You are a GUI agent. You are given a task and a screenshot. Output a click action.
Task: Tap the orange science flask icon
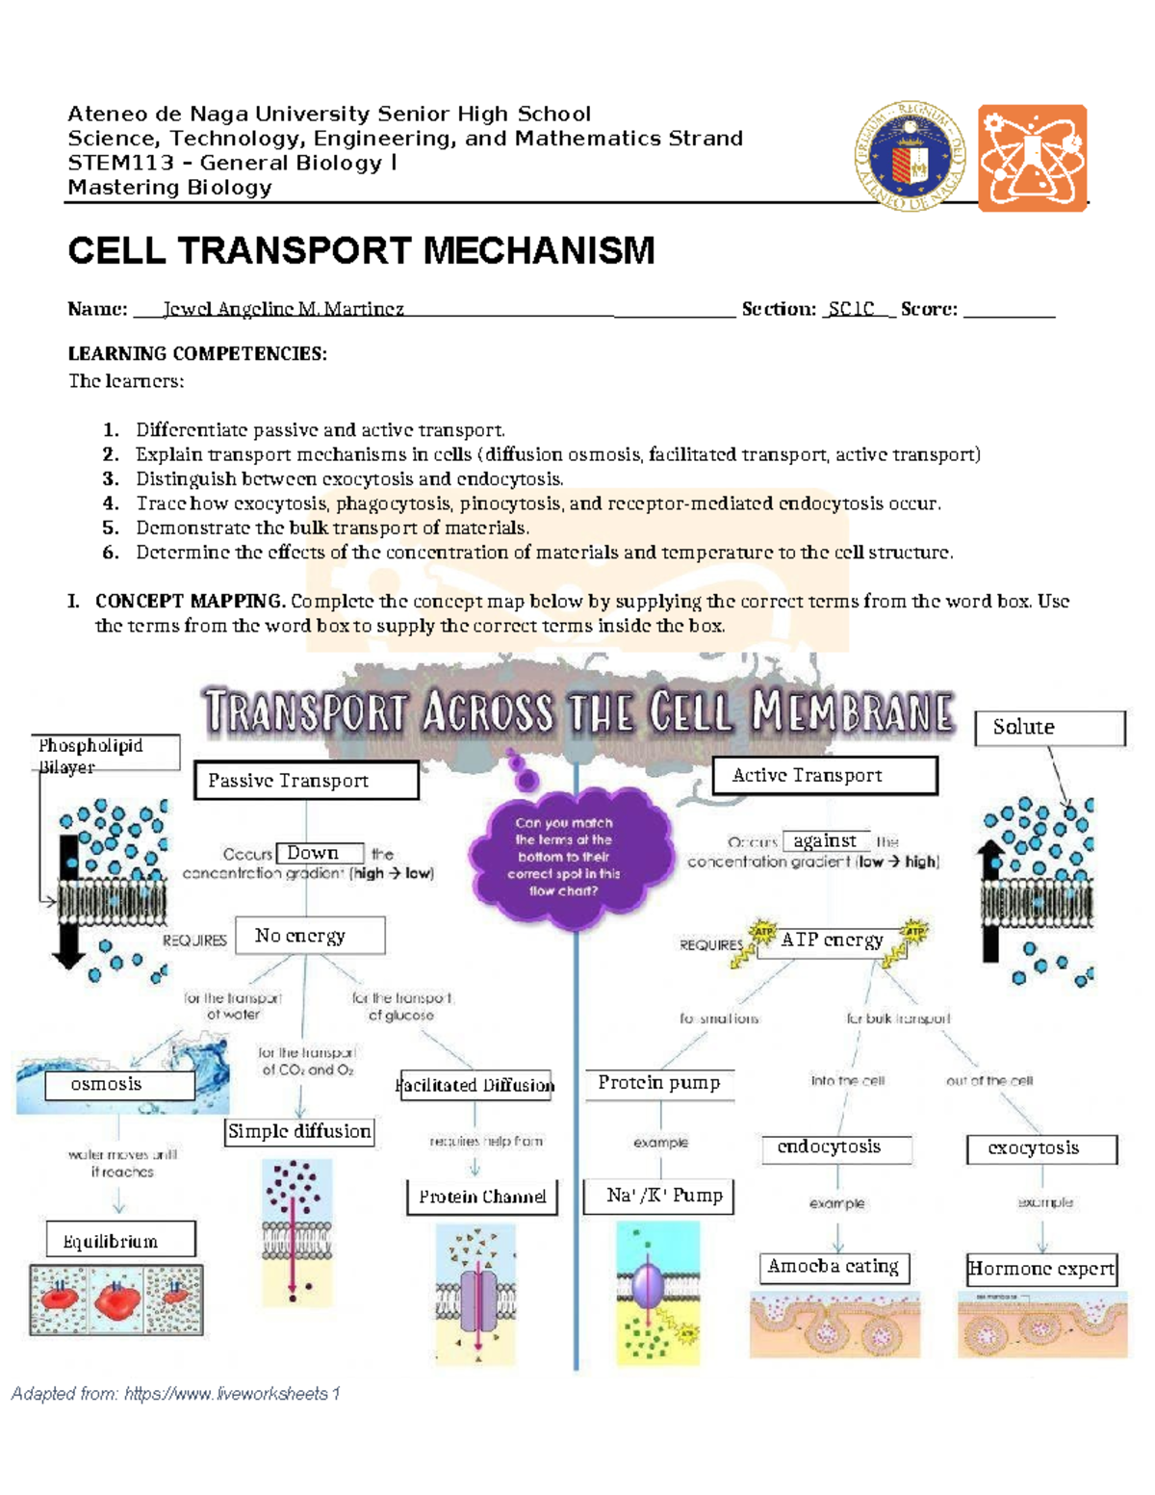click(1032, 158)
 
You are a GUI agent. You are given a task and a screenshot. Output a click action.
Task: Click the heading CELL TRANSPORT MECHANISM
click(361, 250)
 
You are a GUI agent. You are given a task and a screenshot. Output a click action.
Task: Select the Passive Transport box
click(306, 781)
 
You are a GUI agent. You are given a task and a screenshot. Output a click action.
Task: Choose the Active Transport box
click(824, 775)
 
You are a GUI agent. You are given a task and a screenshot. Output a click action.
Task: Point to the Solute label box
click(1049, 728)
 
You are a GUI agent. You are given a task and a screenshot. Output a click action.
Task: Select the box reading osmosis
click(119, 1085)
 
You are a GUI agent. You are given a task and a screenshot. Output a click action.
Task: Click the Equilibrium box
click(120, 1240)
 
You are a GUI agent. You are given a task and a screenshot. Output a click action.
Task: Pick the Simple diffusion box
click(299, 1132)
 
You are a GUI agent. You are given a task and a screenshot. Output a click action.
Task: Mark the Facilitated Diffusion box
click(475, 1086)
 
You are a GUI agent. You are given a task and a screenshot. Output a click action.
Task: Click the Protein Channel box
click(481, 1197)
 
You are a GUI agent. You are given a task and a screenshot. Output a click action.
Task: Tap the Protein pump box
click(659, 1083)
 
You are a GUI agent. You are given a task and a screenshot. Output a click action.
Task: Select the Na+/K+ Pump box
click(659, 1196)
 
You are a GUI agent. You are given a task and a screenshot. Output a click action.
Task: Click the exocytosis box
click(1041, 1148)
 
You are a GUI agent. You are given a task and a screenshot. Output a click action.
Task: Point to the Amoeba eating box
click(834, 1267)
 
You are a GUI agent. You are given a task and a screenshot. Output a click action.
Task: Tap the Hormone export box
click(1041, 1269)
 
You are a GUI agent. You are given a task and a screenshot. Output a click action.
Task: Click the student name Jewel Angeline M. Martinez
click(283, 309)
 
